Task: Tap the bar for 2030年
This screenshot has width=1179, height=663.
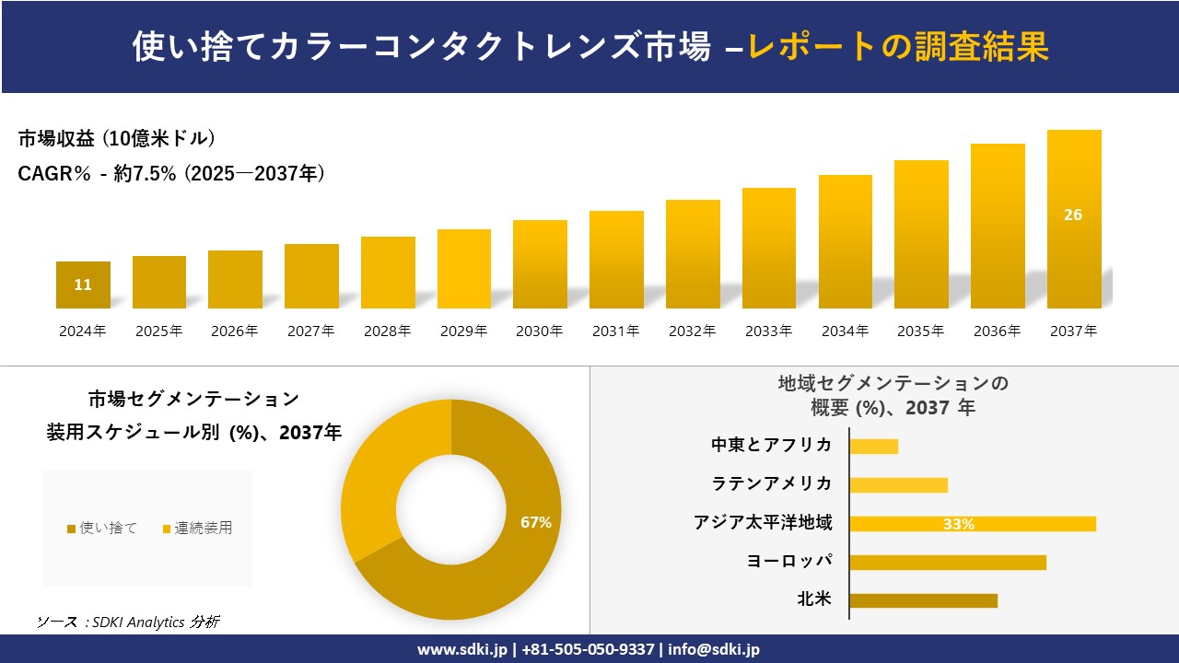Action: (x=540, y=264)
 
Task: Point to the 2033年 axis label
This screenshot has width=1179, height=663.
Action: (x=768, y=331)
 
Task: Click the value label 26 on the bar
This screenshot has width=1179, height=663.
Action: (x=1073, y=215)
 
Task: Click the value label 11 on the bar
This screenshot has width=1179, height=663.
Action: (x=83, y=285)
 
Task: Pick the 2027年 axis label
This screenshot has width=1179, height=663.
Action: (x=310, y=331)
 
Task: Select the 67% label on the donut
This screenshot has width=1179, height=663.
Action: (x=535, y=522)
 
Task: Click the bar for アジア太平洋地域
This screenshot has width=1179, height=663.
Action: (x=973, y=524)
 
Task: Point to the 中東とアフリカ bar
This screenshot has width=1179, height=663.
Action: (x=873, y=447)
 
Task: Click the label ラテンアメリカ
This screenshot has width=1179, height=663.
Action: (x=771, y=483)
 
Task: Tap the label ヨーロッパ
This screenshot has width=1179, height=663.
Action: (x=789, y=561)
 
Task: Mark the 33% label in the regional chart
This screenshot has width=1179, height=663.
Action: (x=958, y=524)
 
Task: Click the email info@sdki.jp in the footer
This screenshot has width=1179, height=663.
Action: (x=714, y=649)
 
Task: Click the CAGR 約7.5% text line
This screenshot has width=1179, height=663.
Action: (x=170, y=173)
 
